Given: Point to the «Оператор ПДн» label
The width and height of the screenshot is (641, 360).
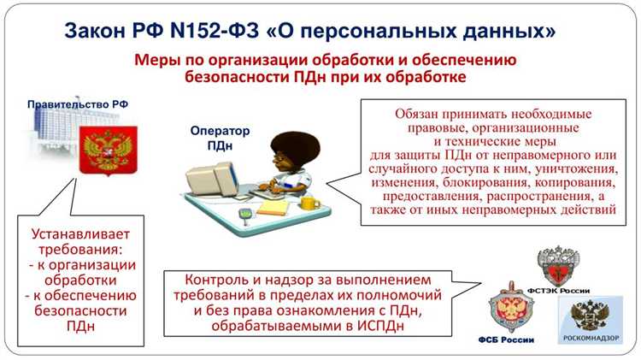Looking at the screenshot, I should coord(221,139).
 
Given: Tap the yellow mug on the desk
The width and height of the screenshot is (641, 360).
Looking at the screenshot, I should coord(310,203).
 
